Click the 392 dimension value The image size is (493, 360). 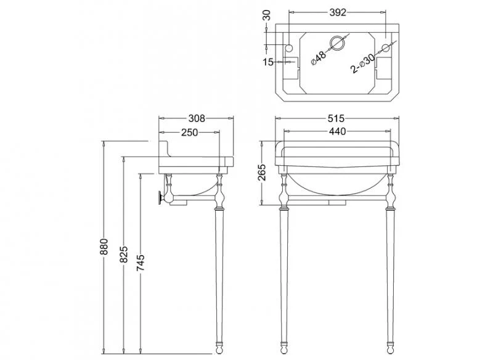point(338,12)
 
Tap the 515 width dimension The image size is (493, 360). point(336,118)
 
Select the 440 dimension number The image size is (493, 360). point(337,131)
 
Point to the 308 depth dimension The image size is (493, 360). point(197,118)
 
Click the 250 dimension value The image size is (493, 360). point(190,133)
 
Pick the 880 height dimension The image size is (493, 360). point(104,247)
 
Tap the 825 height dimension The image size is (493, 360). point(124,255)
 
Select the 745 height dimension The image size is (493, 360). point(141,263)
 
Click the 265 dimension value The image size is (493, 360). point(262,173)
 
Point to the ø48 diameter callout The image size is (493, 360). point(319,57)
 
